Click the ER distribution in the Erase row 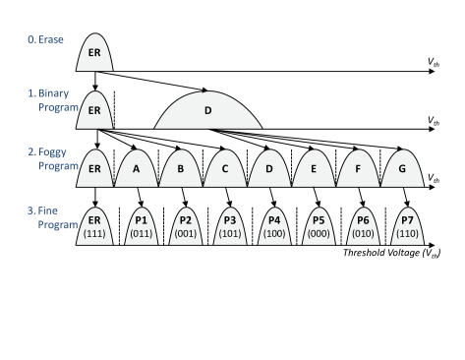pyautogui.click(x=95, y=54)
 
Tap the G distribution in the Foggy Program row pyautogui.click(x=399, y=168)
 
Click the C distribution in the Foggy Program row pyautogui.click(x=227, y=168)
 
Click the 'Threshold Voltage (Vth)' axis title pyautogui.click(x=390, y=253)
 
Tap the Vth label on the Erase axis pyautogui.click(x=434, y=64)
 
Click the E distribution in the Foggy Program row pyautogui.click(x=314, y=168)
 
